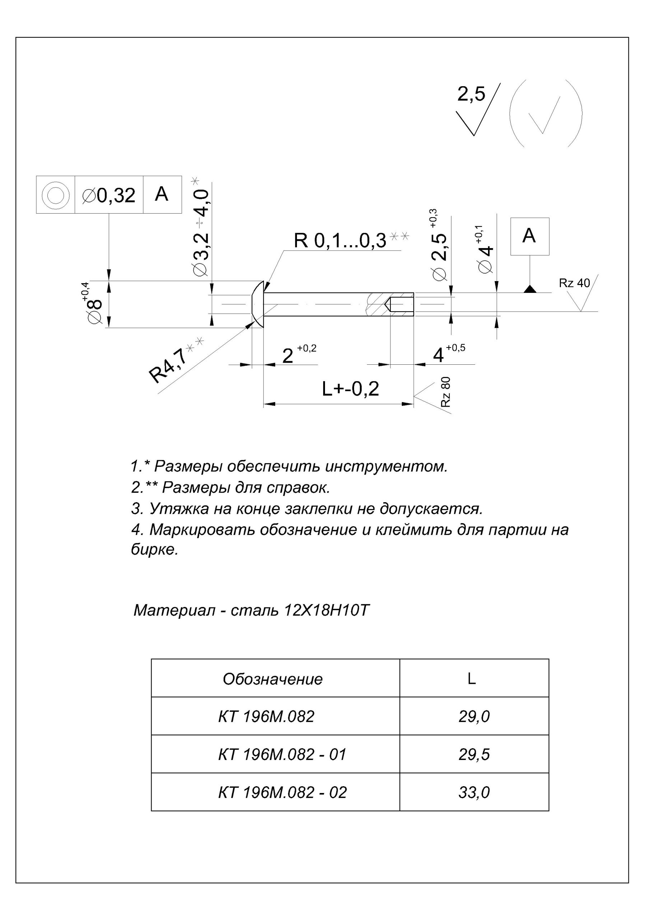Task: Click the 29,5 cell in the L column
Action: tap(474, 754)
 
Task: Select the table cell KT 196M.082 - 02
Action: tap(282, 792)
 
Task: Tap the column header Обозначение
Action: tap(272, 679)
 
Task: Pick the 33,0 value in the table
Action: tap(474, 792)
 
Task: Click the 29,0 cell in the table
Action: tap(474, 716)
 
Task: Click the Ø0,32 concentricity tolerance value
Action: tap(108, 195)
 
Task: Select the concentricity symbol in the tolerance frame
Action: tap(55, 195)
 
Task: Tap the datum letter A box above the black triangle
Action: tap(529, 236)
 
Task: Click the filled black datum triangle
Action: tap(530, 289)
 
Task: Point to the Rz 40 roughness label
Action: tap(574, 283)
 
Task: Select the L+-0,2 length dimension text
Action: tap(350, 389)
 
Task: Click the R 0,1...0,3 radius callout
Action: tap(340, 241)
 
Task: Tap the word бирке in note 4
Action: tap(154, 550)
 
